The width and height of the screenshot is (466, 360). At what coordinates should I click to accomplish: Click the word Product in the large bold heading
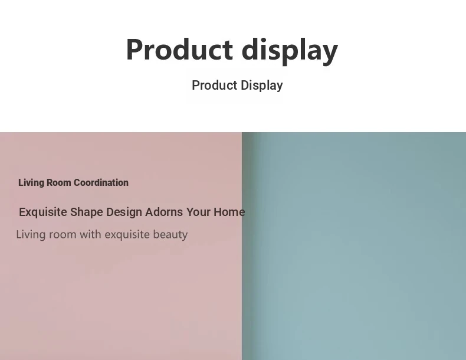pyautogui.click(x=179, y=50)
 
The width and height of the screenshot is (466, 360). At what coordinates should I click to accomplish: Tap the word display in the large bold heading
pyautogui.click(x=290, y=51)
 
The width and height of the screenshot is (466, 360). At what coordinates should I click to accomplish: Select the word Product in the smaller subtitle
pyautogui.click(x=215, y=86)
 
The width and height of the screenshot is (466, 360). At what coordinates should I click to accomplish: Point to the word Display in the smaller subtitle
pyautogui.click(x=262, y=86)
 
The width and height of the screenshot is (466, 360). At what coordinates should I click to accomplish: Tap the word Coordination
pyautogui.click(x=101, y=182)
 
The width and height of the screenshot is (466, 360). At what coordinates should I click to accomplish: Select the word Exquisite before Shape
pyautogui.click(x=43, y=212)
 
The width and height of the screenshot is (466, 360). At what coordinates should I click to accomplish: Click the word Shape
pyautogui.click(x=87, y=212)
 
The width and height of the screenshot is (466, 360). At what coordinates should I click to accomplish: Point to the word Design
pyautogui.click(x=124, y=212)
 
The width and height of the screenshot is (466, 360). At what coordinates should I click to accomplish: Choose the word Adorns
pyautogui.click(x=164, y=212)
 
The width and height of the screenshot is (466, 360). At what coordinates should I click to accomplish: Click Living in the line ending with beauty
pyautogui.click(x=31, y=234)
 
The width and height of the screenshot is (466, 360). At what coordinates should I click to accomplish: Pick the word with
pyautogui.click(x=91, y=234)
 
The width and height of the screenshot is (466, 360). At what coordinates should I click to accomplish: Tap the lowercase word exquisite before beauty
pyautogui.click(x=127, y=235)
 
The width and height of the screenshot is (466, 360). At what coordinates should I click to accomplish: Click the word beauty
pyautogui.click(x=170, y=235)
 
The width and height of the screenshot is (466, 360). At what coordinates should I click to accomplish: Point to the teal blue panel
pyautogui.click(x=354, y=246)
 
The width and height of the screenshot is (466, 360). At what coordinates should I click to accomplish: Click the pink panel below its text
pyautogui.click(x=121, y=300)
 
